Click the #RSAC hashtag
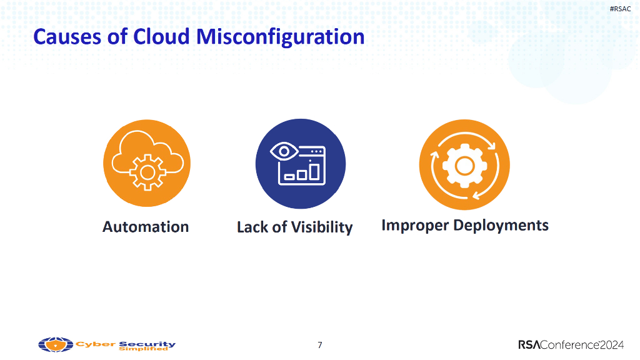(620, 8)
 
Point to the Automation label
(146, 226)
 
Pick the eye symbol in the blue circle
(284, 151)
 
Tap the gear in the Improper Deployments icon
(464, 165)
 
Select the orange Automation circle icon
(146, 164)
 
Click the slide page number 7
(320, 345)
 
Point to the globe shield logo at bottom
(56, 344)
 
